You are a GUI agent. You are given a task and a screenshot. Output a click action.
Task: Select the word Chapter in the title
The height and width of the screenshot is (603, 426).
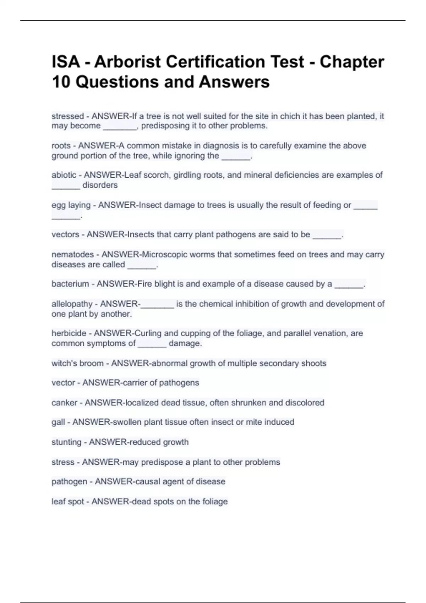352,62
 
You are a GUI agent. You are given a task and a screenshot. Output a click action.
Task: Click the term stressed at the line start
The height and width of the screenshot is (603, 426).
68,116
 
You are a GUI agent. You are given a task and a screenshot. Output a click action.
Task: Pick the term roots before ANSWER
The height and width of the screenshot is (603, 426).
61,146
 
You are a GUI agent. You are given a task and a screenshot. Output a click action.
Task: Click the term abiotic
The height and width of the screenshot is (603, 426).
64,175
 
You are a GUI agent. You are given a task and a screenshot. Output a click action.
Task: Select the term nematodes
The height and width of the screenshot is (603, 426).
73,254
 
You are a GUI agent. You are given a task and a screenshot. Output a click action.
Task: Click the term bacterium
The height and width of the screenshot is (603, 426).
70,284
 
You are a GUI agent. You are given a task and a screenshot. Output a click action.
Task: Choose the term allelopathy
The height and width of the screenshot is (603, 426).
72,304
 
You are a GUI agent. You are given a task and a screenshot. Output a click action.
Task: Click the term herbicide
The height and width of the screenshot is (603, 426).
69,333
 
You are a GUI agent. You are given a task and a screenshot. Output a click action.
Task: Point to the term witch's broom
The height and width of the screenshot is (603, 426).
77,363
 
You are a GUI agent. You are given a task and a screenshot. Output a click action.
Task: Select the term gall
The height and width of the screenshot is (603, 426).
58,422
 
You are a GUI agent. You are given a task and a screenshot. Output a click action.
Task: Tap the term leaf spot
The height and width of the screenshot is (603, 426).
65,502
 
